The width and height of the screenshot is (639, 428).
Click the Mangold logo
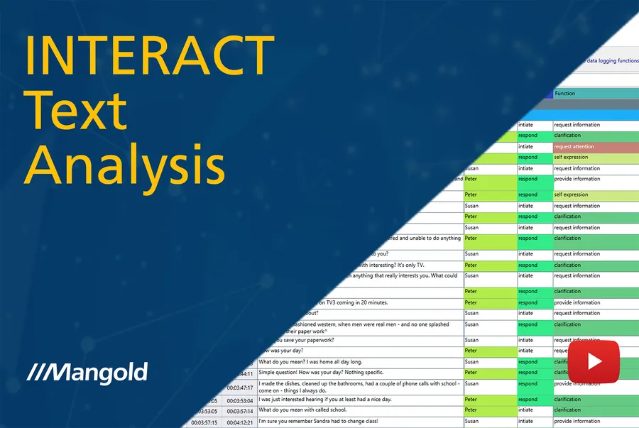click(x=87, y=371)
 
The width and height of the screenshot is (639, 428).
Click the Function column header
click(x=565, y=94)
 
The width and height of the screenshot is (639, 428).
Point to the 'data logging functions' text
click(x=612, y=61)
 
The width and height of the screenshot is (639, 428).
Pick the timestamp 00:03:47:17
click(x=239, y=388)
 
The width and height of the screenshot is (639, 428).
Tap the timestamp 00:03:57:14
click(x=239, y=411)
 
